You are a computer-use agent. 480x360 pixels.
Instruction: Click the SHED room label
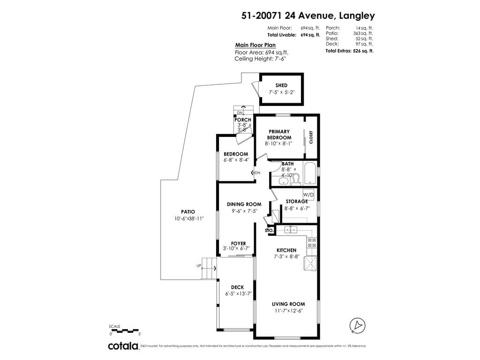pyautogui.click(x=281, y=85)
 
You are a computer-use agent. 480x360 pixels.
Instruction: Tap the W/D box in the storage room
pyautogui.click(x=308, y=195)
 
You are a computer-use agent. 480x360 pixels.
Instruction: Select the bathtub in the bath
pyautogui.click(x=311, y=173)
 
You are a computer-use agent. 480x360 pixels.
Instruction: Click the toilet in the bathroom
pyautogui.click(x=295, y=180)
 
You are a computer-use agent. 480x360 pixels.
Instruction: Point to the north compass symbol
pyautogui.click(x=358, y=325)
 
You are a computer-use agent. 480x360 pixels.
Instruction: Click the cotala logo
pyautogui.click(x=123, y=346)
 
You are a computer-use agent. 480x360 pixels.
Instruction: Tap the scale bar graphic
pyautogui.click(x=125, y=331)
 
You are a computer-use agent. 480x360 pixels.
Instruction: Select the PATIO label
pyautogui.click(x=188, y=211)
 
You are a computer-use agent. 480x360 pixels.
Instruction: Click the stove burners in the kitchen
pyautogui.click(x=312, y=242)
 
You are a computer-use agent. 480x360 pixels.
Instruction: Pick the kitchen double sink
pyautogui.click(x=291, y=229)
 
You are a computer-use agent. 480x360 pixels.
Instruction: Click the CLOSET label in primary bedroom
pyautogui.click(x=311, y=137)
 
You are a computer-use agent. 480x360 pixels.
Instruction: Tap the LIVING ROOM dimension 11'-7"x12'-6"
pyautogui.click(x=288, y=311)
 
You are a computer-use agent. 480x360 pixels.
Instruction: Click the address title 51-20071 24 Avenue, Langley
pyautogui.click(x=308, y=15)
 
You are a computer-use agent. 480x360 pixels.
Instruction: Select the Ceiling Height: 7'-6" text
pyautogui.click(x=261, y=59)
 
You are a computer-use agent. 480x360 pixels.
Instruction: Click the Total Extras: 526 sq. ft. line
pyautogui.click(x=349, y=51)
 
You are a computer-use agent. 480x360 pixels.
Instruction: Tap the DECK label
pyautogui.click(x=238, y=287)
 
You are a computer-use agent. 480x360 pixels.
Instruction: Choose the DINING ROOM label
pyautogui.click(x=244, y=204)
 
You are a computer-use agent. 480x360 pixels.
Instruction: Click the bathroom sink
pyautogui.click(x=283, y=181)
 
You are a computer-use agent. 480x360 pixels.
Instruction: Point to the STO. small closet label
pyautogui.click(x=269, y=230)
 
